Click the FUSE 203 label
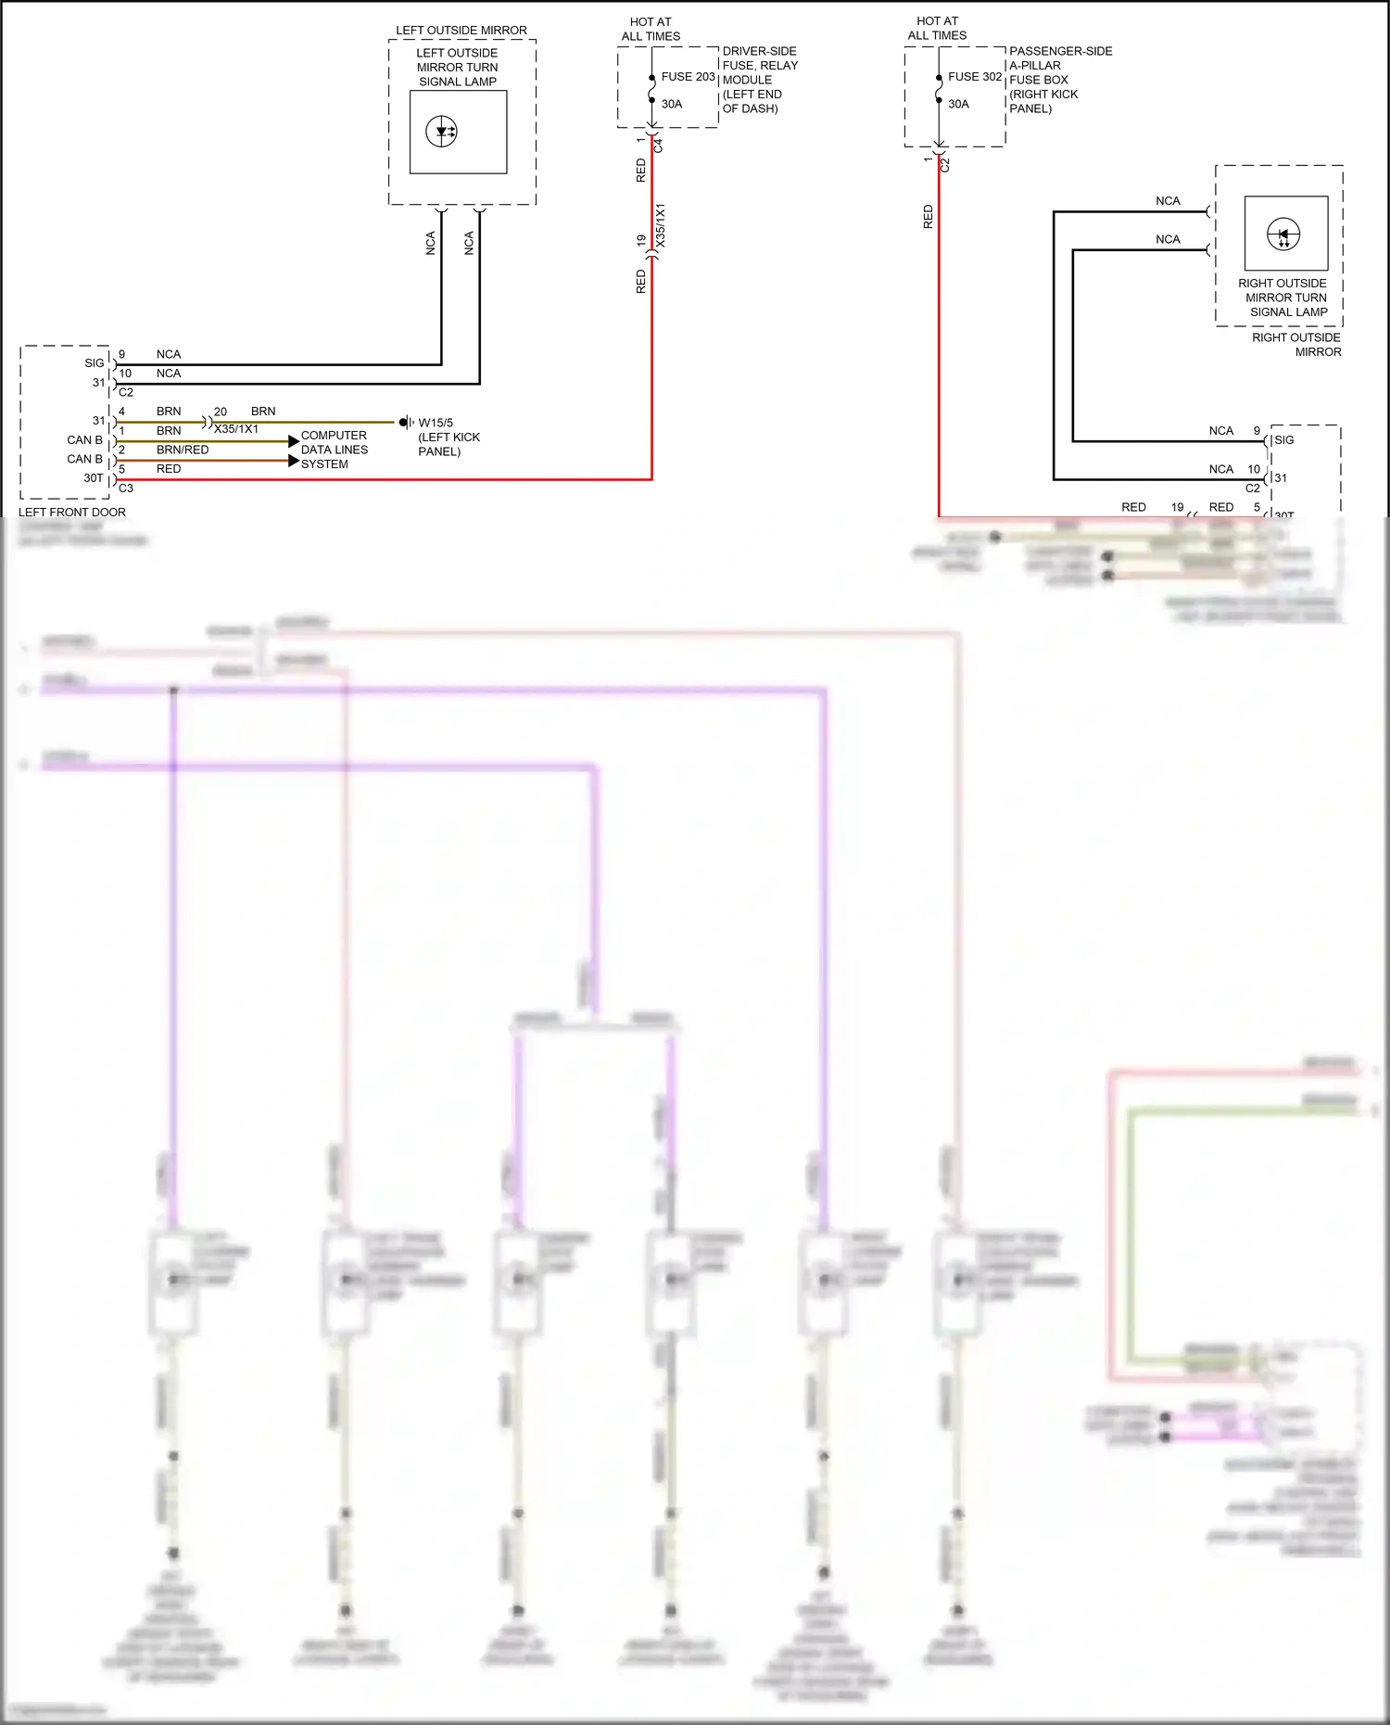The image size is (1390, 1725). pos(688,77)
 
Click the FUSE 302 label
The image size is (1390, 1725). pos(974,77)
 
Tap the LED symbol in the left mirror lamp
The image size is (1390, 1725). pos(442,132)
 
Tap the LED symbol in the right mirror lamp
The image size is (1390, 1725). pos(1283,235)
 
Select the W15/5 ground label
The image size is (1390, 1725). pos(436,423)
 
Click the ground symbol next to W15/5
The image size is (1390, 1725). pos(405,423)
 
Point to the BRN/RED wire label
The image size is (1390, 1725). pos(183,450)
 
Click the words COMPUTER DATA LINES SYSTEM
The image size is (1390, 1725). pos(334,450)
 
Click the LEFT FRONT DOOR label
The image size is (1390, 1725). pos(72,512)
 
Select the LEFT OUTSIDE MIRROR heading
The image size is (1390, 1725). pos(461,31)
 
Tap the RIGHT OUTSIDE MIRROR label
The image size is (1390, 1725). pos(1296,344)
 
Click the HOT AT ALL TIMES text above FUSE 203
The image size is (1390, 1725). pos(651,29)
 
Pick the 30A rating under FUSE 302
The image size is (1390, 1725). pos(958,104)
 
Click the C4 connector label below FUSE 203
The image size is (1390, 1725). pos(659,146)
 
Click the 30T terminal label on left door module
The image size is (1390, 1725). pos(94,478)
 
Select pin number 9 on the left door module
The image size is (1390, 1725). pos(121,354)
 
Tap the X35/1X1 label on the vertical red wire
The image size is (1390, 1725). pos(661,225)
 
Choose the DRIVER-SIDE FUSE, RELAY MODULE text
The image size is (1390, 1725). pos(759,80)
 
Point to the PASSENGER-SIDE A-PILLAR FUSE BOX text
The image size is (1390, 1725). pos(1059,80)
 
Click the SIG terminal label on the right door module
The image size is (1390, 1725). pos(1283,440)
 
